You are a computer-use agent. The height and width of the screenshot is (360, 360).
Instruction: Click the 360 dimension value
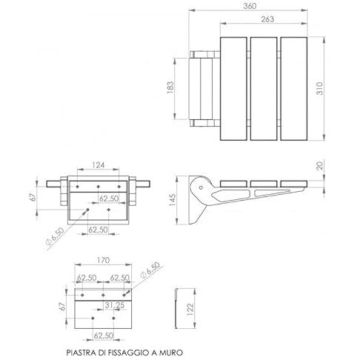tap(250, 6)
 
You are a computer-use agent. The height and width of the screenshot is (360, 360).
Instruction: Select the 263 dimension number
tap(267, 19)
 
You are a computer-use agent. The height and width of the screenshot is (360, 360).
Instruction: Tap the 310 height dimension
tap(319, 88)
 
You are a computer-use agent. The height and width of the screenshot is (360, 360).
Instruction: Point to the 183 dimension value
tap(170, 87)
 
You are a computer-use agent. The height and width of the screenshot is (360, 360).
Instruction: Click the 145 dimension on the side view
tap(173, 200)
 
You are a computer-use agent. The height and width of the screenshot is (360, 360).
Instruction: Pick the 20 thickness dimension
tap(319, 165)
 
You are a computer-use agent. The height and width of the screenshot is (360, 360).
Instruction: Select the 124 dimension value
tap(99, 164)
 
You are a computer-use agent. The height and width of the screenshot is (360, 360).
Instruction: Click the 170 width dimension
tap(103, 260)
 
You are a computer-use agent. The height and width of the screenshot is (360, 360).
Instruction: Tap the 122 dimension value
tap(190, 309)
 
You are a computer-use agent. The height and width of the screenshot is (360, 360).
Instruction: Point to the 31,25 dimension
tap(115, 305)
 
